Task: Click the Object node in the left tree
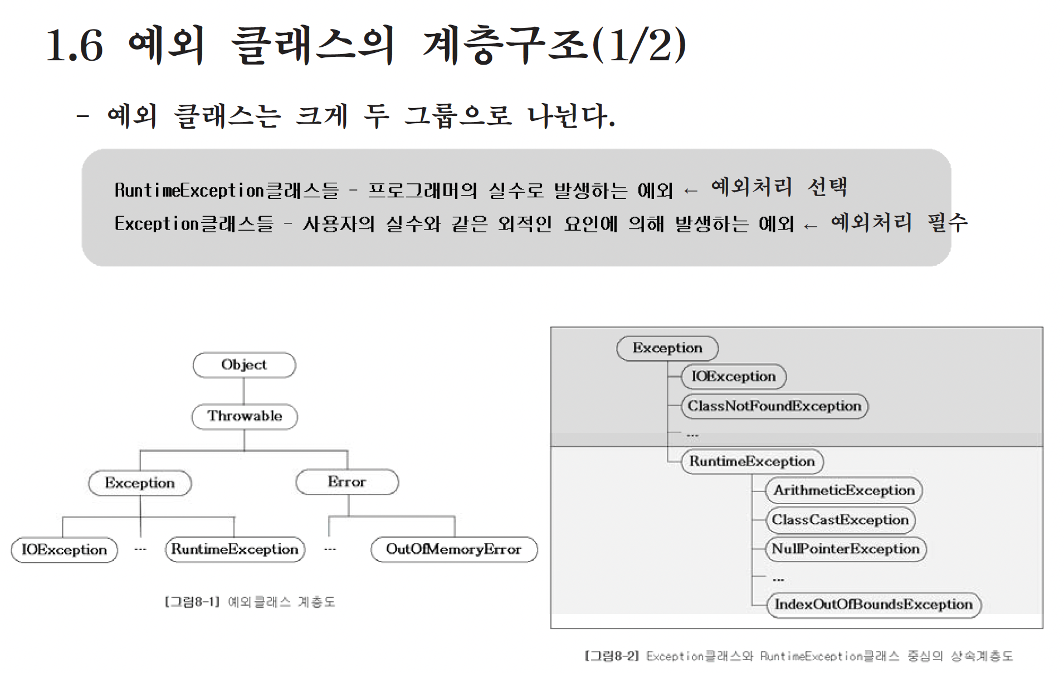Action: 244,365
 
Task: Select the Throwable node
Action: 245,416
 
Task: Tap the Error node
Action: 347,482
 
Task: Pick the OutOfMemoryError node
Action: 454,549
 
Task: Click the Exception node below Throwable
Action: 140,483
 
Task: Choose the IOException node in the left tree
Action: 65,550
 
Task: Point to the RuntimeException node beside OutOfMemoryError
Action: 235,549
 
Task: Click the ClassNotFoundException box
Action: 774,406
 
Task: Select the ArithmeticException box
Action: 844,490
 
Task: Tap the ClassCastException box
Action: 840,520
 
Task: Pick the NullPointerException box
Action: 846,549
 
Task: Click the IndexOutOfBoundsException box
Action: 873,604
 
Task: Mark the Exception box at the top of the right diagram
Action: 667,348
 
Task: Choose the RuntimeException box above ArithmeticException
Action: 752,461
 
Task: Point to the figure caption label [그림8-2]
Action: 612,656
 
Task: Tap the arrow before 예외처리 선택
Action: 691,191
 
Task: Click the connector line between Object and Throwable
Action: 244,391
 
